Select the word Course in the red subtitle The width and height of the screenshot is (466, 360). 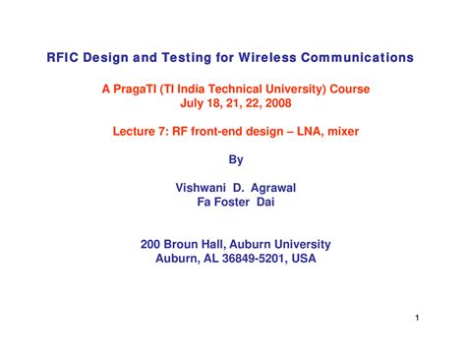coord(349,89)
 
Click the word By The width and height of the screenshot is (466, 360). coord(234,156)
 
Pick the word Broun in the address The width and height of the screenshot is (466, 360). coord(187,244)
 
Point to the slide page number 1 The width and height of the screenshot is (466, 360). coord(418,318)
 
